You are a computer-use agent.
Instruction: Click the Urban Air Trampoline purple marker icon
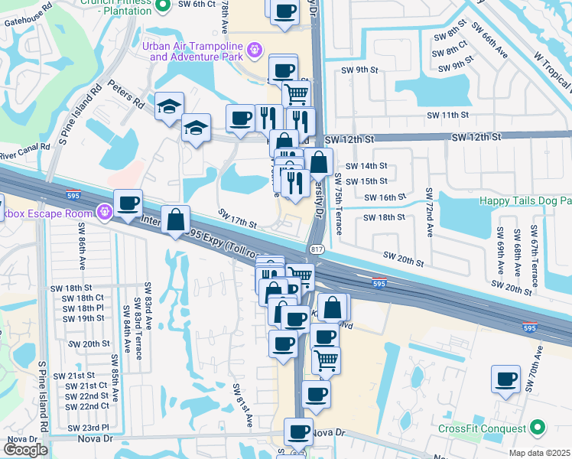(x=255, y=51)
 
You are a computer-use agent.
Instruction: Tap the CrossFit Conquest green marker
(x=538, y=428)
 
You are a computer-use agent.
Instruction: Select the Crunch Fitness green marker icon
(x=161, y=6)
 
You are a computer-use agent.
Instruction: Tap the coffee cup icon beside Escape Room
(x=128, y=203)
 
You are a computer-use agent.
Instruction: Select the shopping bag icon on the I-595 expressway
(x=176, y=220)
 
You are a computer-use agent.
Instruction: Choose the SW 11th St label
(x=449, y=115)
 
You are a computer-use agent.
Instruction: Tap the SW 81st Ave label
(x=242, y=405)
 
